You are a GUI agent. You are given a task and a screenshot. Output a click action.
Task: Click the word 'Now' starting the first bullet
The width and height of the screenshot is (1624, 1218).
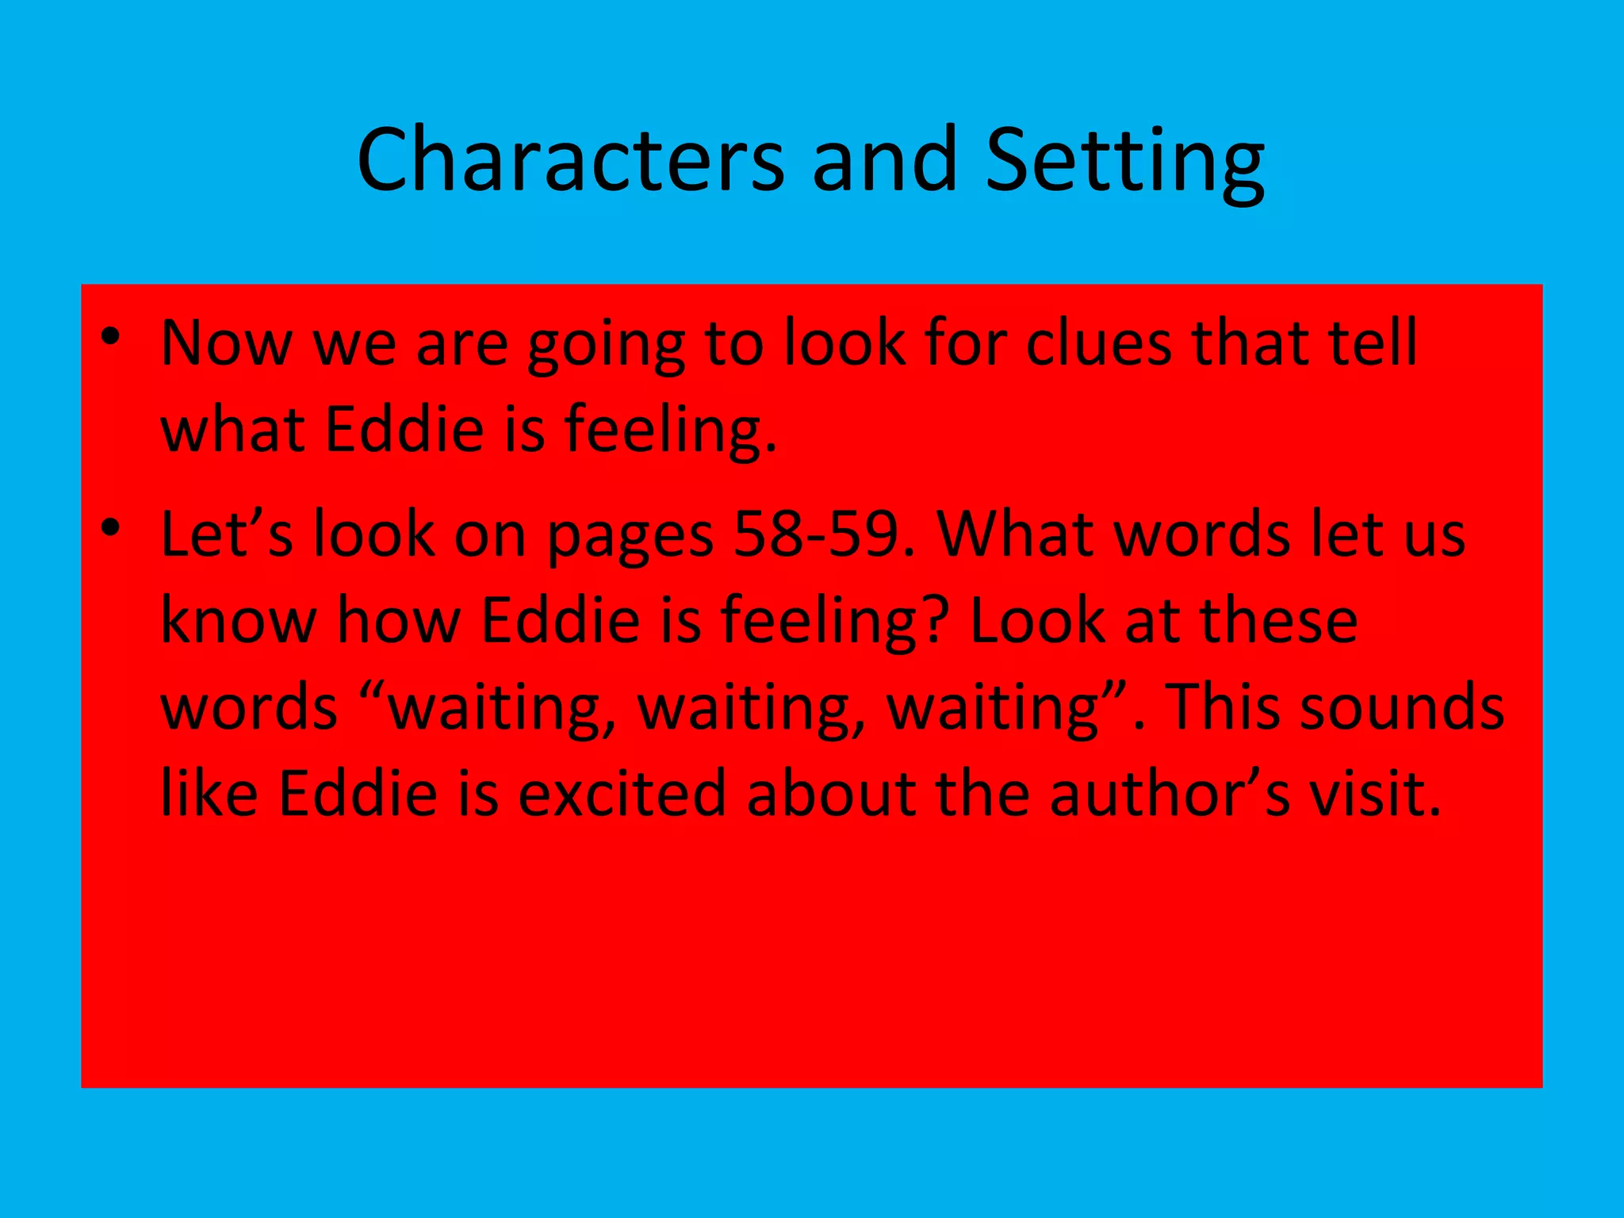point(227,343)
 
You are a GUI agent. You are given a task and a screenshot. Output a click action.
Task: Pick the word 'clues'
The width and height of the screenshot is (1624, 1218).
point(1098,343)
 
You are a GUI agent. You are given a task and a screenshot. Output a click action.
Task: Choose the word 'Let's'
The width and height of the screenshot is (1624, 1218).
point(227,534)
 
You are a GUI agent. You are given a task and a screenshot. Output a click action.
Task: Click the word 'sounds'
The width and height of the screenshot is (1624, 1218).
point(1402,706)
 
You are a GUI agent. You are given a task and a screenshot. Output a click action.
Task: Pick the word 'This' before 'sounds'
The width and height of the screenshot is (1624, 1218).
point(1224,706)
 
